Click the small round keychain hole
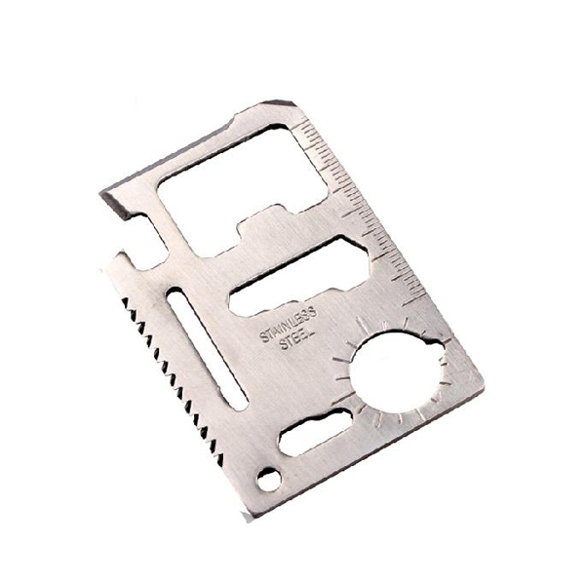tap(269, 479)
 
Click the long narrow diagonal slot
tap(207, 349)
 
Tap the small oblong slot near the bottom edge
tap(315, 432)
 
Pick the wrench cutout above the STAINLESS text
tap(298, 276)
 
